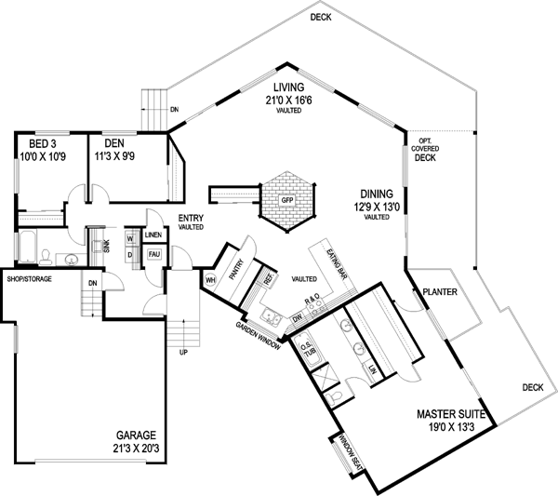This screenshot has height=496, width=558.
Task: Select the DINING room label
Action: (x=375, y=196)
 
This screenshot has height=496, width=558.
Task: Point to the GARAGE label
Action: (x=136, y=435)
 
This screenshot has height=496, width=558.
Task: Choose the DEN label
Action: (x=114, y=144)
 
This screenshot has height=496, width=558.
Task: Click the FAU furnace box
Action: (x=155, y=254)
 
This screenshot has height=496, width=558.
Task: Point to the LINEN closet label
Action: (x=154, y=235)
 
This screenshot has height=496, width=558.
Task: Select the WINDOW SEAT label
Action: (x=344, y=453)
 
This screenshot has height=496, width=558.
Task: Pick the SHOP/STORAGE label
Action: (x=29, y=279)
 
